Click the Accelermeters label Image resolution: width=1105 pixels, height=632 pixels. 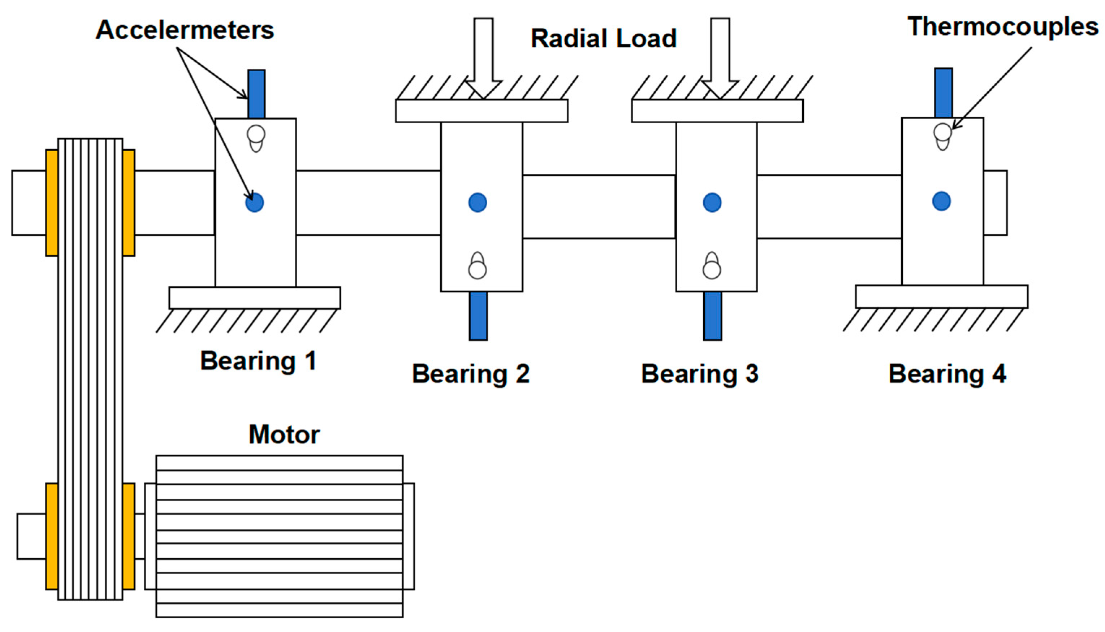coord(185,30)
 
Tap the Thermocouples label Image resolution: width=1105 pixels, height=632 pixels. coord(1002,27)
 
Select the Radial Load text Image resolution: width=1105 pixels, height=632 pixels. coord(603,38)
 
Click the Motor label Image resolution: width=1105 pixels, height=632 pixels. coord(284,434)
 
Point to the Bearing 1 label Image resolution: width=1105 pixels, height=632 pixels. coord(258,361)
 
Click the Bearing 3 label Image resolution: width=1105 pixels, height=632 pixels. coord(699,374)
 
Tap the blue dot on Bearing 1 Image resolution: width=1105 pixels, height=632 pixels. coord(254,202)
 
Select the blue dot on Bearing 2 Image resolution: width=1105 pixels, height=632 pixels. coord(478,202)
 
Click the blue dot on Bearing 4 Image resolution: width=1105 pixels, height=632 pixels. coord(941,201)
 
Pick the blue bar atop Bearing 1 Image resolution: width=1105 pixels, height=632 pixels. coord(256,94)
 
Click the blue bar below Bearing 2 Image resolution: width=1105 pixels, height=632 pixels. coord(478,316)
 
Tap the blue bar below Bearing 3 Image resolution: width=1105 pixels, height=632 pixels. coord(712,316)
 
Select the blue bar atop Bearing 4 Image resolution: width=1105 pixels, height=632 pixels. coord(944,92)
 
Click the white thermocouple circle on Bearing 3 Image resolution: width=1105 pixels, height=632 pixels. coord(712,269)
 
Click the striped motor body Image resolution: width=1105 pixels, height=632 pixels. coord(279,536)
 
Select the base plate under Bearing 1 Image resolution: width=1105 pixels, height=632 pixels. coord(254,298)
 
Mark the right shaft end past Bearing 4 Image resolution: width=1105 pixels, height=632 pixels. coord(995,203)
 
